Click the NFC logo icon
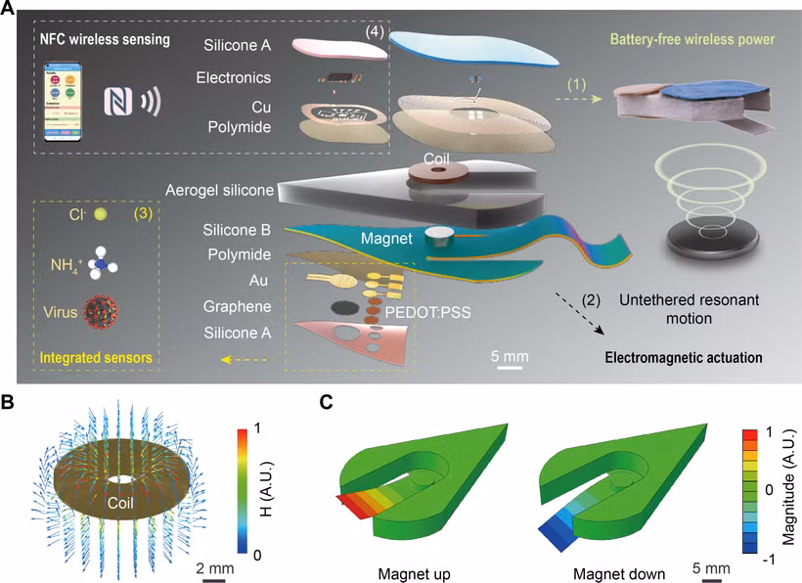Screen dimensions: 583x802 (119, 101)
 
